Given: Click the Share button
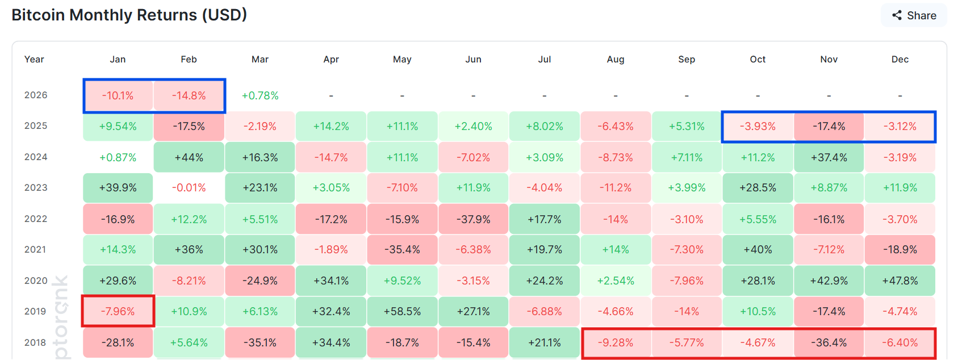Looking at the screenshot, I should tap(914, 15).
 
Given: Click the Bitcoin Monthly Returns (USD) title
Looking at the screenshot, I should tap(129, 15).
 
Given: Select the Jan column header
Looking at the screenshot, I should tap(118, 59).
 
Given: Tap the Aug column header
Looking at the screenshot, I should tap(616, 59).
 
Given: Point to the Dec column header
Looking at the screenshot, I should tap(900, 59).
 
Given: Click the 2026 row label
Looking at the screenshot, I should tap(36, 95).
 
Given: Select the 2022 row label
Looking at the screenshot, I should tap(36, 219).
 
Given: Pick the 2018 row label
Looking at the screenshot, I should tap(35, 342).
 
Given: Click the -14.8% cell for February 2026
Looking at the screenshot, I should tap(189, 95).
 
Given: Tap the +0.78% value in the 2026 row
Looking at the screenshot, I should tap(260, 95).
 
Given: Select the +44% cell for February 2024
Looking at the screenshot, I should tap(189, 157).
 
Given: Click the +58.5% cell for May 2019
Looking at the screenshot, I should tap(402, 311).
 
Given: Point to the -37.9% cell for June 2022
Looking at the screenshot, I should tap(474, 219).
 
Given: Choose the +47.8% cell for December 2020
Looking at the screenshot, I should tap(900, 281).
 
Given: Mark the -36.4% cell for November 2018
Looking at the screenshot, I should tap(829, 342).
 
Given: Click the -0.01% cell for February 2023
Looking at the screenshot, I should tap(189, 188).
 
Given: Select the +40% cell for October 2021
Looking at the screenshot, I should tap(758, 250).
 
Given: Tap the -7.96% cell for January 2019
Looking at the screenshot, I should tap(118, 311).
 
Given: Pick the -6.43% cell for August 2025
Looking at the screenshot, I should tap(616, 126).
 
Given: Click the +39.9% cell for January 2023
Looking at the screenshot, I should tap(118, 188).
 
